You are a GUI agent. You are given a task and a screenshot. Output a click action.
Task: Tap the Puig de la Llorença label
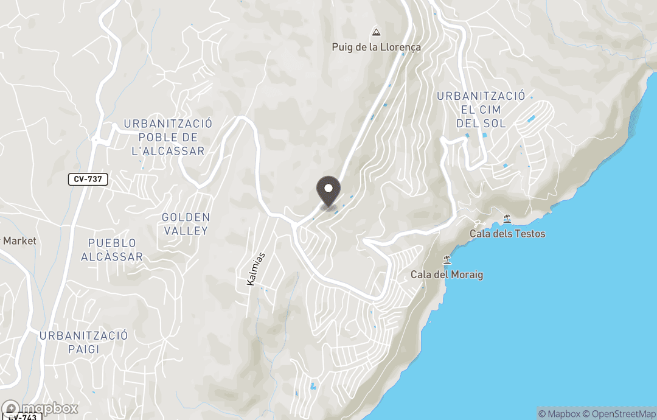(376, 47)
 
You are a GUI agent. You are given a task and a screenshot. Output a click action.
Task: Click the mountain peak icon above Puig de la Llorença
(376, 32)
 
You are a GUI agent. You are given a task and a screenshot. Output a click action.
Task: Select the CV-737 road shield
(88, 180)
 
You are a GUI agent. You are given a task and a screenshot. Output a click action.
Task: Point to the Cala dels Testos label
(507, 234)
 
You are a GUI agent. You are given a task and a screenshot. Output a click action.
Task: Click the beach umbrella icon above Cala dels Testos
(507, 220)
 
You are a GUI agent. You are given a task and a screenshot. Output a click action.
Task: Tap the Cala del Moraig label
(447, 275)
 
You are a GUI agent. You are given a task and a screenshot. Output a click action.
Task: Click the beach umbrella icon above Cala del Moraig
(447, 260)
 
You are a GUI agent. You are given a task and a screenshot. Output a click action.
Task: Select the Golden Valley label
(186, 224)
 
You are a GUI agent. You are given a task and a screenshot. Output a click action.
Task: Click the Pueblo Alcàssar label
(112, 250)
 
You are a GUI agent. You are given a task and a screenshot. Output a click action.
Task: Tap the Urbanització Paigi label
(83, 342)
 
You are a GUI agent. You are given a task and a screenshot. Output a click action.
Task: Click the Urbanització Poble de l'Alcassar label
(168, 137)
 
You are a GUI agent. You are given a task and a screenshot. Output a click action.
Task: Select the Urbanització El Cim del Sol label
(481, 110)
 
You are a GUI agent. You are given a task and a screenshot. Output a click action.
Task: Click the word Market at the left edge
(19, 241)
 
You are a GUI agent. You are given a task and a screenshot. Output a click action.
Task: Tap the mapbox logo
(41, 408)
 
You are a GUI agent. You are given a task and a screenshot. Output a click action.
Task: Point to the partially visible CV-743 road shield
(23, 417)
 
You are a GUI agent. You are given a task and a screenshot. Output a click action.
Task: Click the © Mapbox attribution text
(559, 414)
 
